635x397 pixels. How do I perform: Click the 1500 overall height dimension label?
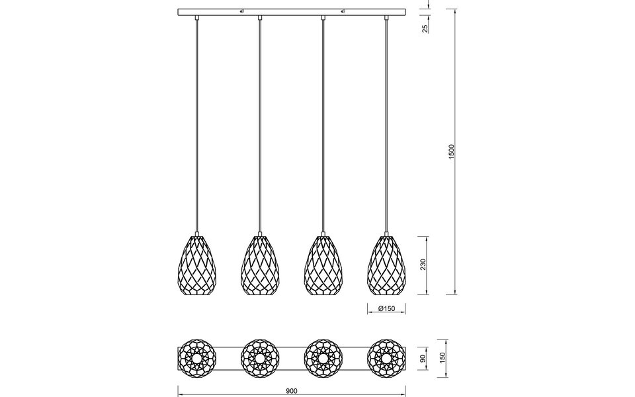point(452,152)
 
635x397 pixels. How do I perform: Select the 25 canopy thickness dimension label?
point(425,28)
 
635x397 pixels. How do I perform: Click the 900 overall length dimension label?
point(291,390)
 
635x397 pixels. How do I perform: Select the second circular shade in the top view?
point(259,359)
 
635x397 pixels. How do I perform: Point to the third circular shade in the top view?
point(323,359)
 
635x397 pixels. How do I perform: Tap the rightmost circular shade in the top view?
point(386,359)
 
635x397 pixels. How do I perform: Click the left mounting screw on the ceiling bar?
point(241,11)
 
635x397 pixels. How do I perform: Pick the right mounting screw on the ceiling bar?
point(343,11)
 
